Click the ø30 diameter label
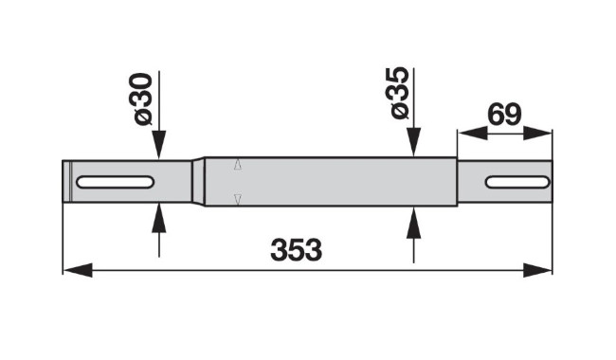[x=140, y=99]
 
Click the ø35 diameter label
[x=400, y=93]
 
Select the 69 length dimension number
[x=504, y=115]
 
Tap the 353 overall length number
[x=297, y=250]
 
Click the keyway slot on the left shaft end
[x=115, y=182]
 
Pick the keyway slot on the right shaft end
[x=517, y=182]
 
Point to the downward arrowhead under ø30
[x=158, y=145]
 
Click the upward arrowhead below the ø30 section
[x=158, y=218]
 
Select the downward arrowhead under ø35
[x=414, y=142]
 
